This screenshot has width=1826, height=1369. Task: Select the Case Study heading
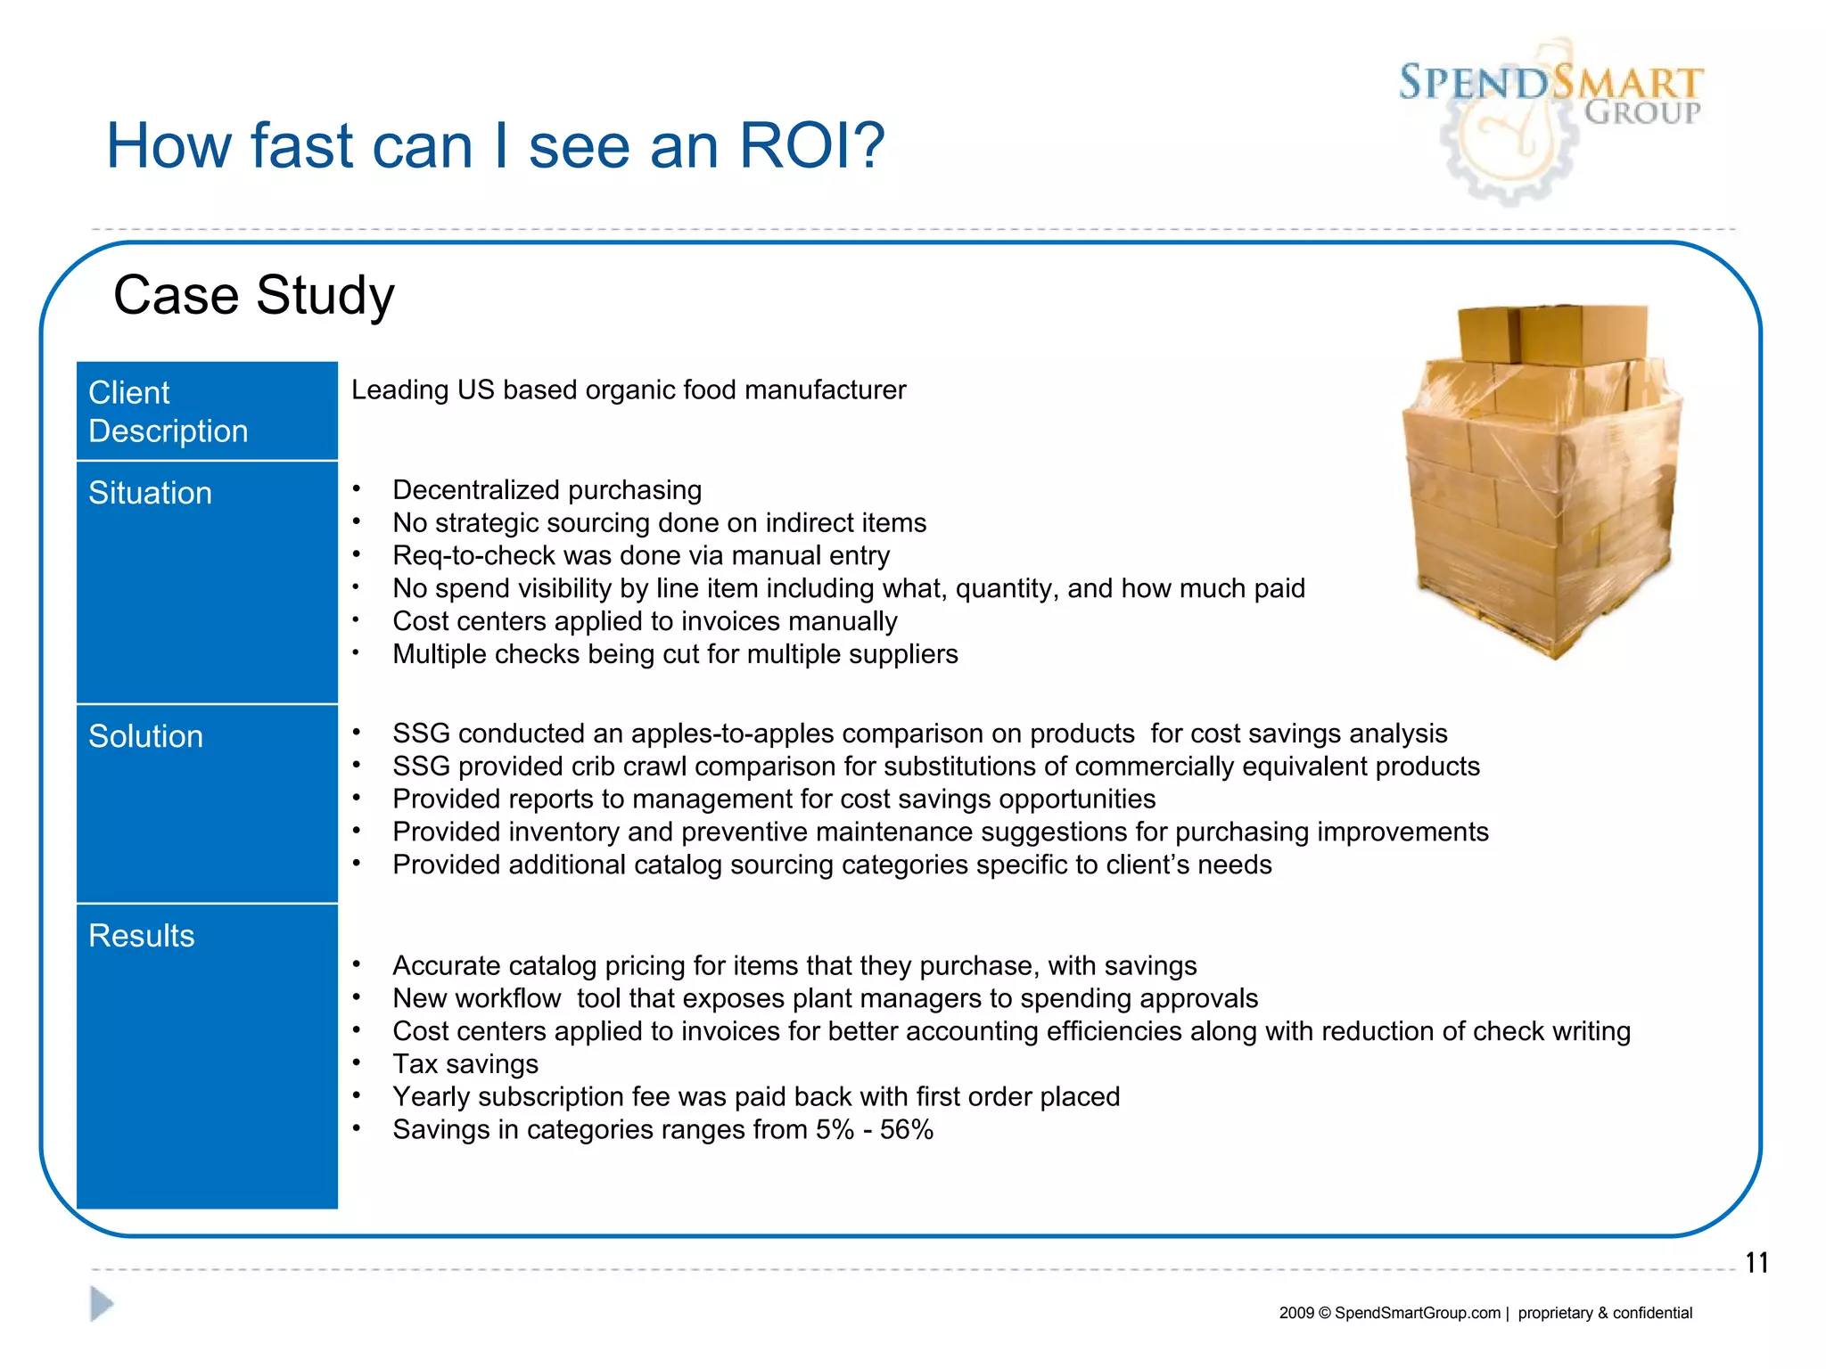[253, 295]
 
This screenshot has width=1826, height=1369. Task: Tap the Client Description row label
[169, 412]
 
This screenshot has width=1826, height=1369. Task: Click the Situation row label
[150, 493]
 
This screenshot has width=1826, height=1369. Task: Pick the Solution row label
[145, 736]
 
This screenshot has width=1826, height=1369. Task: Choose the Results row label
[141, 936]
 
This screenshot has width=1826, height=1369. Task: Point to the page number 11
[1756, 1263]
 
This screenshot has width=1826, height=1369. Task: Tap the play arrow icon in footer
[102, 1304]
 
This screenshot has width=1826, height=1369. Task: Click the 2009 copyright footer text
[1485, 1313]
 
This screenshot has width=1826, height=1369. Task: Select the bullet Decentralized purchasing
[547, 490]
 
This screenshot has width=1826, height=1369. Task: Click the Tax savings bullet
[465, 1064]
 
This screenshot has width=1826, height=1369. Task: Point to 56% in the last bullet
[906, 1130]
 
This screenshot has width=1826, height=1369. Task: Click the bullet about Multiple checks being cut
[675, 654]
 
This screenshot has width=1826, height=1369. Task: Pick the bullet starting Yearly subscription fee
[755, 1097]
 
